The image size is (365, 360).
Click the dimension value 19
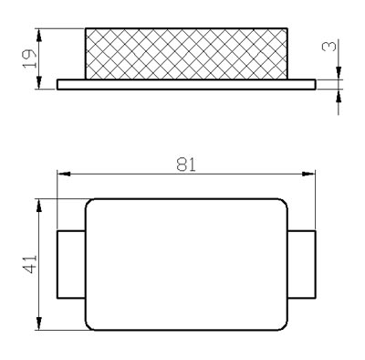(30, 58)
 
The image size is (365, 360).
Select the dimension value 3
(329, 47)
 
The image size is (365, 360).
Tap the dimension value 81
(186, 164)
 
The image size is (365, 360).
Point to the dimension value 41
(30, 264)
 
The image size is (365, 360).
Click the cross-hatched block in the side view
(186, 54)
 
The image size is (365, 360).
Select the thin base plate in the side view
(186, 84)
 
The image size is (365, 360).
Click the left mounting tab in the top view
(71, 264)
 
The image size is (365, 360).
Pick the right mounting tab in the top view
(302, 264)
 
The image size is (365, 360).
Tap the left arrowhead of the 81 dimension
(64, 174)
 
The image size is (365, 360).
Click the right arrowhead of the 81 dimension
(308, 174)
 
